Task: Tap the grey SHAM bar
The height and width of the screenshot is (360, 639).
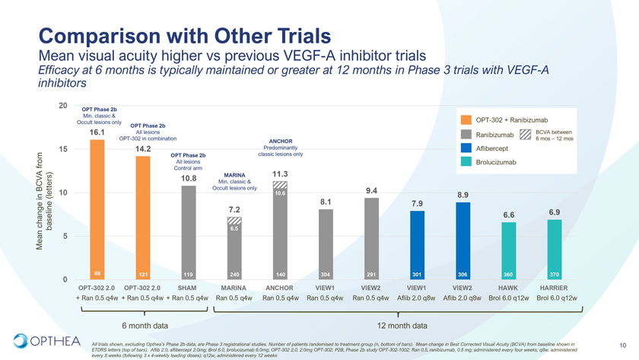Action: (189, 232)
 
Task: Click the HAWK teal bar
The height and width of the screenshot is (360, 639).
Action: (508, 251)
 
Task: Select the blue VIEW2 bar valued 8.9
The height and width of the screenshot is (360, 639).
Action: (463, 241)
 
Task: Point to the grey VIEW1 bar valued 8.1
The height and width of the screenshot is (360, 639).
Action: (326, 244)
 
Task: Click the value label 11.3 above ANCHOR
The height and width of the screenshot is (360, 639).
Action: (280, 174)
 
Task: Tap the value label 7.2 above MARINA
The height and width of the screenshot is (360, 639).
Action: (234, 209)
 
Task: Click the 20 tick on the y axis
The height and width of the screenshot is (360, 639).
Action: (64, 106)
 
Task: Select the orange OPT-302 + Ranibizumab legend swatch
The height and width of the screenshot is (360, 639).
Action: (466, 119)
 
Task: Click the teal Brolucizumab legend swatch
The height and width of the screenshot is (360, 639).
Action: (466, 162)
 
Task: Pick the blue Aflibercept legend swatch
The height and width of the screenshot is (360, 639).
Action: (466, 148)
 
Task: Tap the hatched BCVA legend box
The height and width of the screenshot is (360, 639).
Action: (525, 134)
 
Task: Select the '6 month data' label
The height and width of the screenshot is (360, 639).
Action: (145, 325)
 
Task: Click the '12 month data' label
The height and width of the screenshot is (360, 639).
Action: (402, 325)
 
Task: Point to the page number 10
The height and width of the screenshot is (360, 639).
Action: (622, 343)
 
